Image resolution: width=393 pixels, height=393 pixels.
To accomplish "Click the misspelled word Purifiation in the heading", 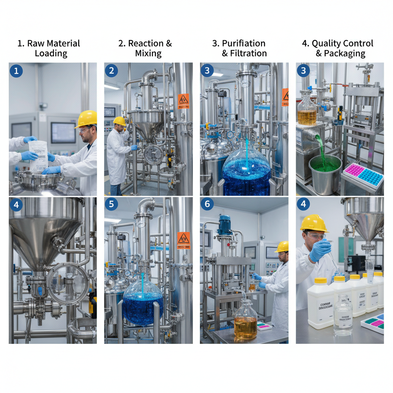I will pyautogui.click(x=238, y=43).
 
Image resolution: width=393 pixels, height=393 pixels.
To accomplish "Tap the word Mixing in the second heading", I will pyautogui.click(x=148, y=53).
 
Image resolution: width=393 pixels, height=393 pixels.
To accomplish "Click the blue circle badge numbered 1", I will pyautogui.click(x=16, y=71).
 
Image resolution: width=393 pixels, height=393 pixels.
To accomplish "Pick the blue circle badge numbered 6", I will pyautogui.click(x=207, y=204).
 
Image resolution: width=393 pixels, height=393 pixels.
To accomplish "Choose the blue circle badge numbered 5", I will pyautogui.click(x=111, y=204).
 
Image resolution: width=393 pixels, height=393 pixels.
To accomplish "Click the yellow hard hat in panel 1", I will pyautogui.click(x=86, y=119).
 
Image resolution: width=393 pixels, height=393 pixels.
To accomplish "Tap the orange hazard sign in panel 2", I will pyautogui.click(x=183, y=101).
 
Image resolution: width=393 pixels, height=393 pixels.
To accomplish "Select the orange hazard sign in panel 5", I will pyautogui.click(x=183, y=241).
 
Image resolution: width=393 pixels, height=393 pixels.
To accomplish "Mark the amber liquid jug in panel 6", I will pyautogui.click(x=245, y=321).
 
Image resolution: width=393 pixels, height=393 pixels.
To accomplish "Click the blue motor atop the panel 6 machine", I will pyautogui.click(x=225, y=225).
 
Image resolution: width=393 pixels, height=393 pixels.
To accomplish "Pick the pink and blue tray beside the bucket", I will pyautogui.click(x=363, y=175).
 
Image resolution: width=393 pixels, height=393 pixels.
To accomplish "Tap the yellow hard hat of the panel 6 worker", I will pyautogui.click(x=283, y=246).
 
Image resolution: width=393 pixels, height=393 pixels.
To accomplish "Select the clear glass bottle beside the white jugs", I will pyautogui.click(x=343, y=316).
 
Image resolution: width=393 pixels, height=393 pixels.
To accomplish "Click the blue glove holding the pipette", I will pyautogui.click(x=320, y=250).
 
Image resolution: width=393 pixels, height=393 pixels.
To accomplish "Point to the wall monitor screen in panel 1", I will pyautogui.click(x=63, y=133).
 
